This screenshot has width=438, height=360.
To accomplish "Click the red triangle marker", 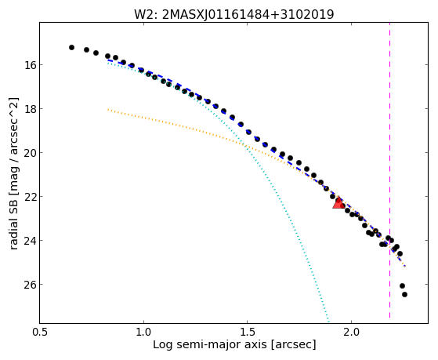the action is tap(338, 203).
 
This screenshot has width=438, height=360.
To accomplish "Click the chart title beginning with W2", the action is tap(234, 14).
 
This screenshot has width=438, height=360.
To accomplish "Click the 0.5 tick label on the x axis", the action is tap(40, 333).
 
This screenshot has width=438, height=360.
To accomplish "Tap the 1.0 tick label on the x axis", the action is tap(143, 333).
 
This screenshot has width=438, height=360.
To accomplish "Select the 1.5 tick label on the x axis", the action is tap(248, 333).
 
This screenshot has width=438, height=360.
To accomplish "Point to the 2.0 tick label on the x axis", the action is tap(351, 333).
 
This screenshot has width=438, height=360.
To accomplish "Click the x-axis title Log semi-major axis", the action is tap(210, 345).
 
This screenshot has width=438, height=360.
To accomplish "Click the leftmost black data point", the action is tap(71, 47).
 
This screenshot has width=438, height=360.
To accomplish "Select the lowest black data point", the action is tap(404, 294).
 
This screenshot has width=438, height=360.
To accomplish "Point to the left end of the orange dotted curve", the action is tap(108, 110).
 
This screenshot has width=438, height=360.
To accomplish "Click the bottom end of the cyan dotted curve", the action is tap(329, 322).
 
